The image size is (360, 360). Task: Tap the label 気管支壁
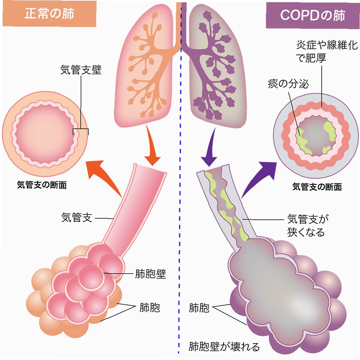tap(81, 70)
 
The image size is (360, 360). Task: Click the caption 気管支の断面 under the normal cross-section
tap(42, 185)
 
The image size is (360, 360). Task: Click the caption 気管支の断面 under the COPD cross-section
tap(317, 186)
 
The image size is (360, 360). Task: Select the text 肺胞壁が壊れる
tap(224, 347)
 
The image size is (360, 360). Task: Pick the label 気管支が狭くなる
tap(306, 225)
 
